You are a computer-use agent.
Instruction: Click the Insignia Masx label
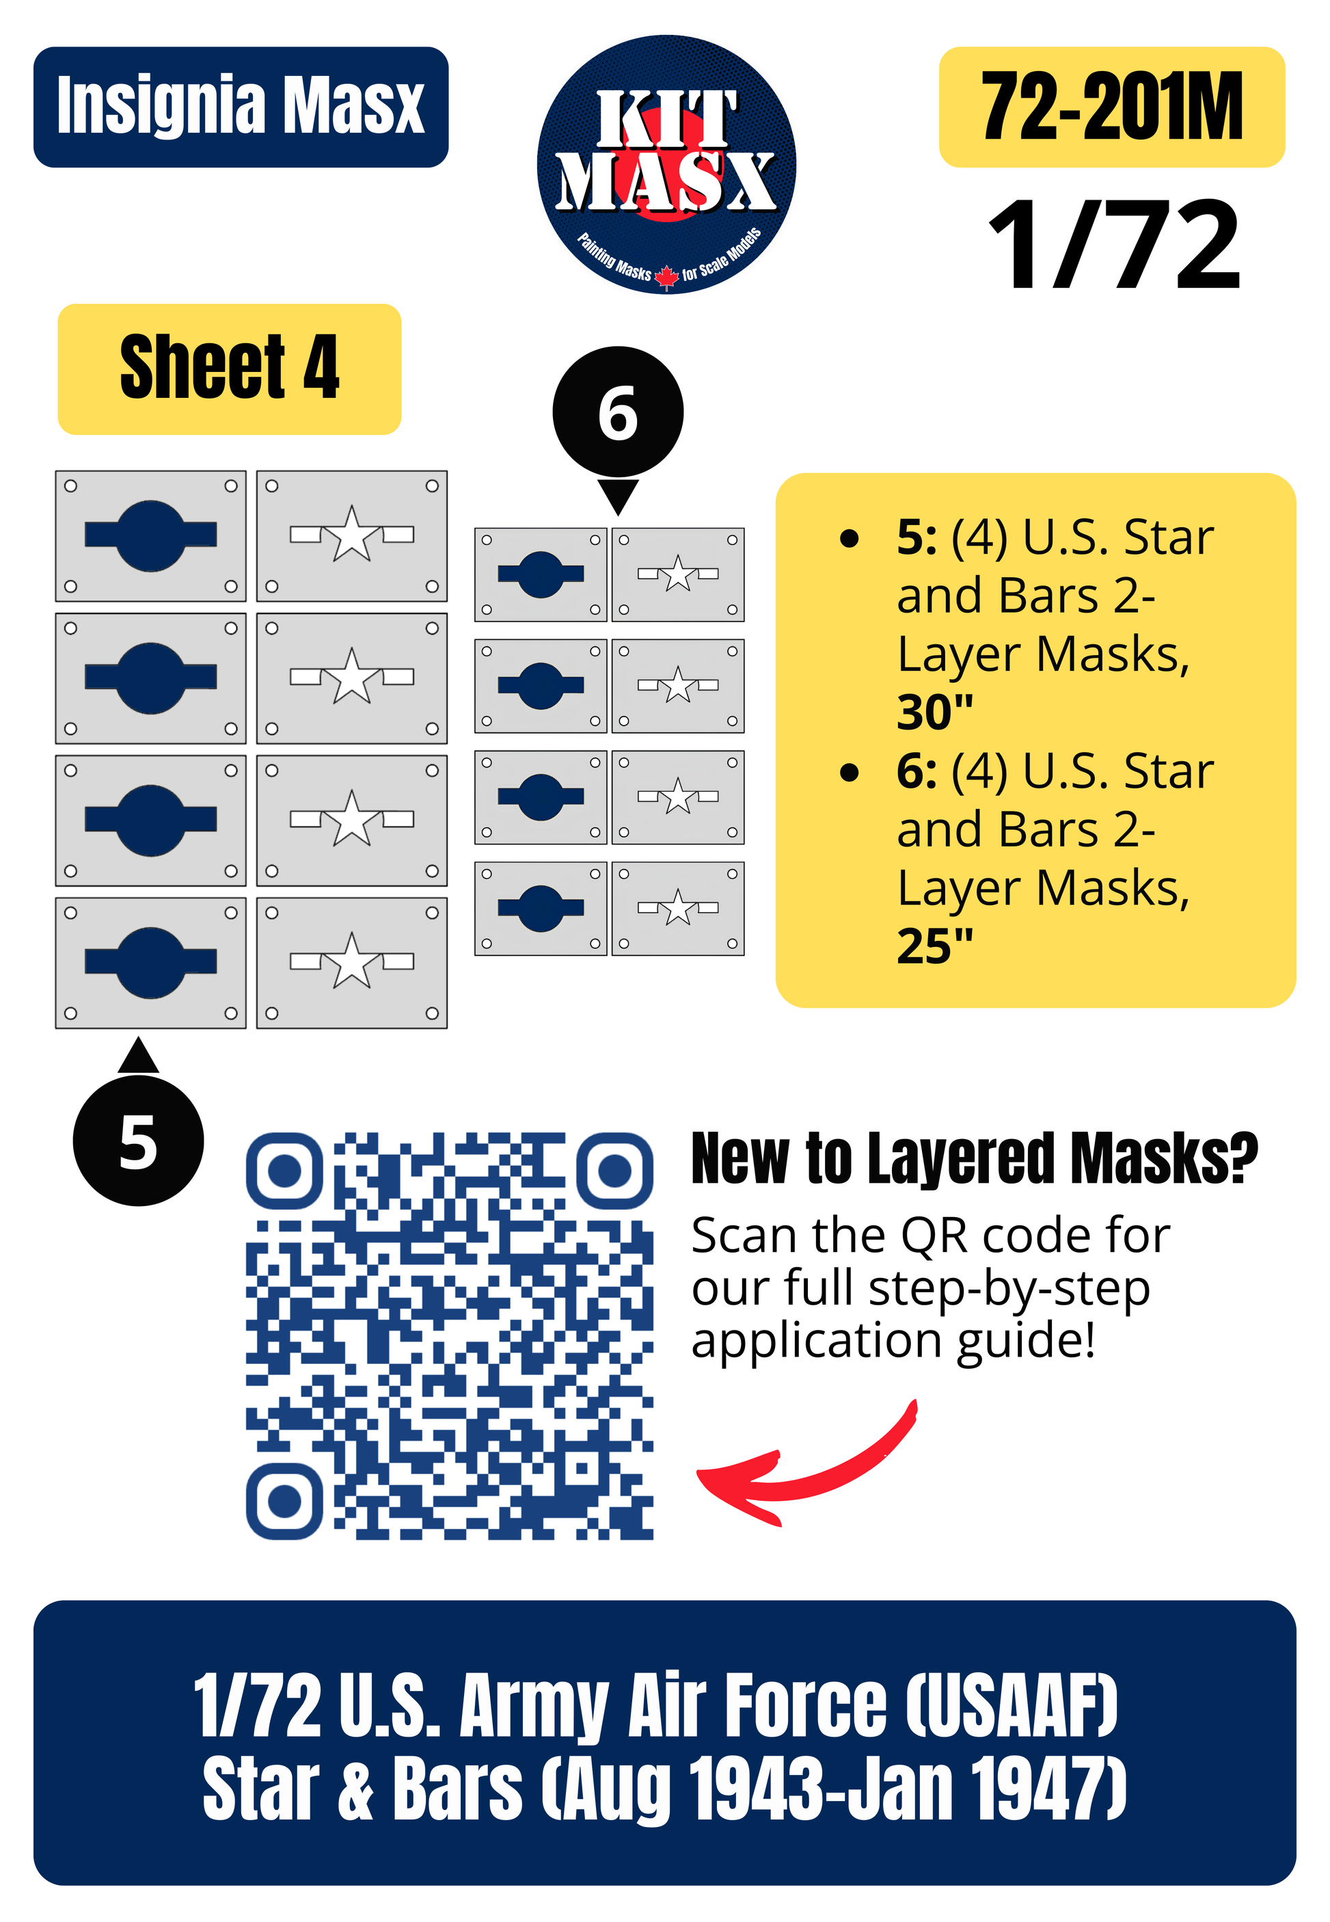(241, 107)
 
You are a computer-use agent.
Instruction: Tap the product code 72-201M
(1112, 107)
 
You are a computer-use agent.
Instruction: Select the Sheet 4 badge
(229, 369)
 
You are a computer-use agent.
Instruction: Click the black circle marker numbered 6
(618, 412)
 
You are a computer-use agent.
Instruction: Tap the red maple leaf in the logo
(666, 276)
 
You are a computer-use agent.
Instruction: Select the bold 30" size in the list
(934, 712)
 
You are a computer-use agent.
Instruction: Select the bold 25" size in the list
(934, 946)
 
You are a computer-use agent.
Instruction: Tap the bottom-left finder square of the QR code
(284, 1501)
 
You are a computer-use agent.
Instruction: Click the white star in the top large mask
(352, 534)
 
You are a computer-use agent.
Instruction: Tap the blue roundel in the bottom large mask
(151, 963)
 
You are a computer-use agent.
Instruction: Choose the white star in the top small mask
(679, 574)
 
